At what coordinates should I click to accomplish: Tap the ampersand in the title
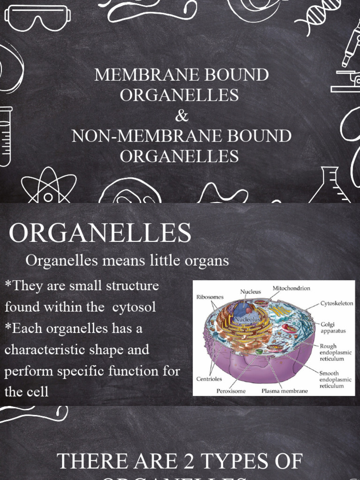click(x=181, y=115)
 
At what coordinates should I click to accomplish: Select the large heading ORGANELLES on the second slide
click(x=100, y=233)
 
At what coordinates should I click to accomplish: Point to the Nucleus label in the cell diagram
click(x=250, y=291)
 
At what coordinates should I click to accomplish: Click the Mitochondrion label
click(x=291, y=288)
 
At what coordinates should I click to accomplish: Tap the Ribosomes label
click(x=210, y=297)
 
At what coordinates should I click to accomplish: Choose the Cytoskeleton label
click(x=337, y=303)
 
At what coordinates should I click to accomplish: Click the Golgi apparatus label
click(x=333, y=327)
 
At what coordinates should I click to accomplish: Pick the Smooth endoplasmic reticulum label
click(x=335, y=380)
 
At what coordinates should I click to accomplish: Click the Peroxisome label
click(x=231, y=390)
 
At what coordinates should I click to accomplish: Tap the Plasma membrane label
click(x=284, y=390)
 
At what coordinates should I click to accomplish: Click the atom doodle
click(x=48, y=187)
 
